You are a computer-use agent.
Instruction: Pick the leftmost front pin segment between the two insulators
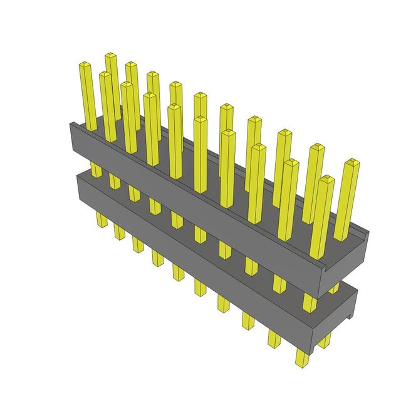96,169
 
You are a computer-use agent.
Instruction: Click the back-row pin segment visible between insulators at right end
334,288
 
